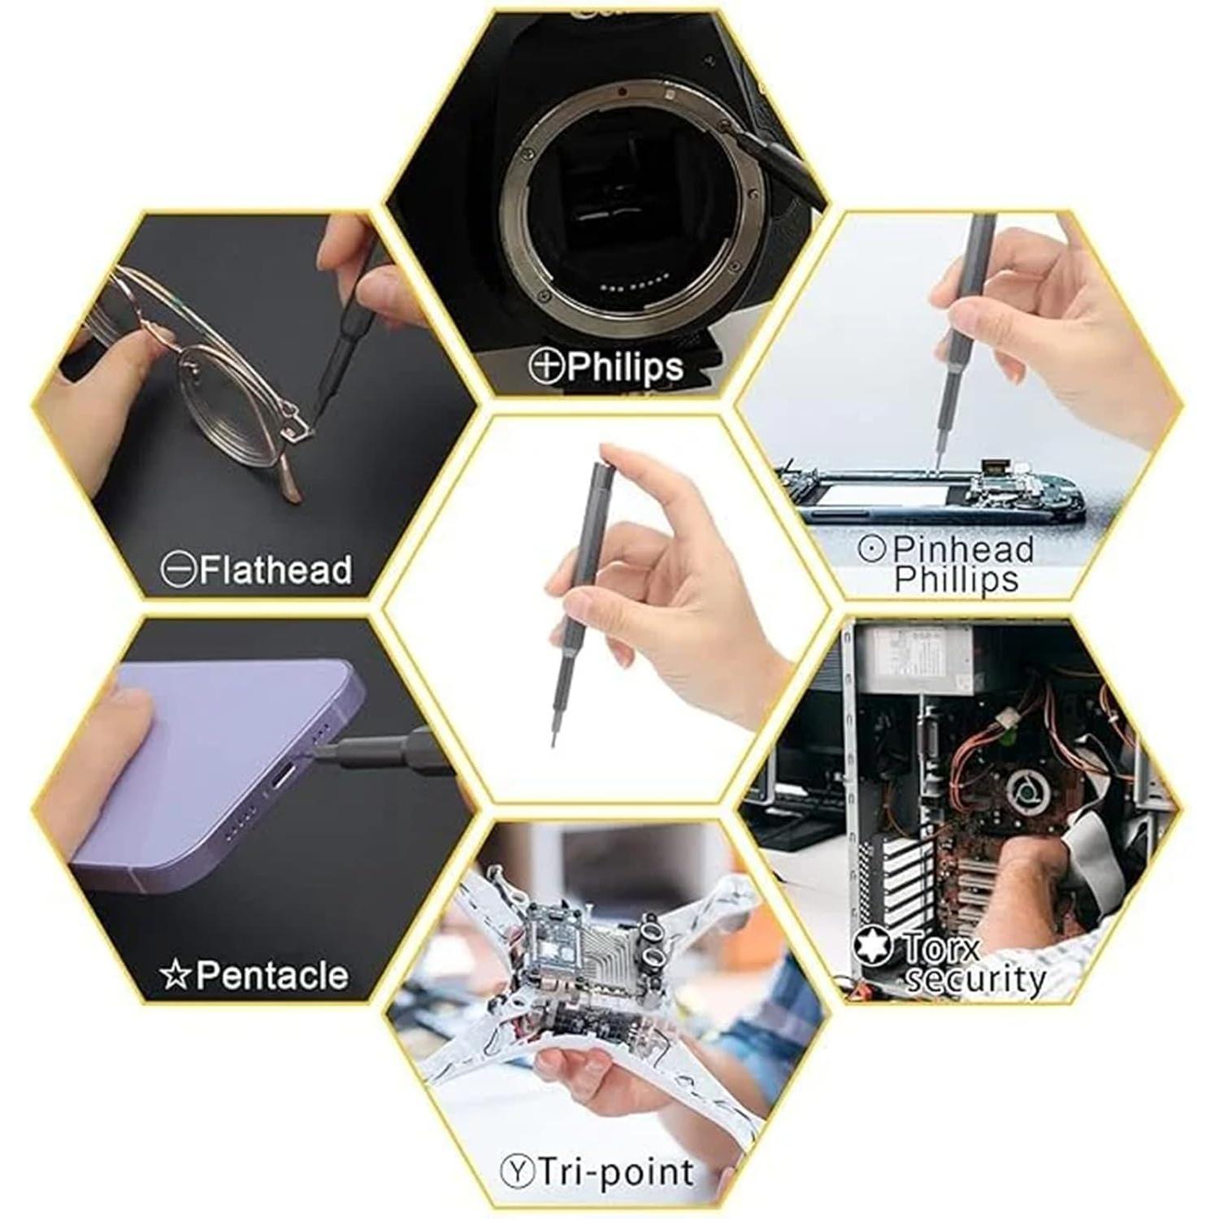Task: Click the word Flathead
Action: coord(275,570)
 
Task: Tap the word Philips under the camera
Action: coord(625,367)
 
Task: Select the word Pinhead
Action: coord(963,549)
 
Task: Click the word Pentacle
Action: coord(271,974)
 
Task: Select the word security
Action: coord(975,978)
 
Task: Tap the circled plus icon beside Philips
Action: coord(546,366)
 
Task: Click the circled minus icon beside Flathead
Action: coord(178,570)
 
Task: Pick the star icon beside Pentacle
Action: coord(175,974)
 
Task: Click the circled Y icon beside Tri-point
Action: coord(517,1172)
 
